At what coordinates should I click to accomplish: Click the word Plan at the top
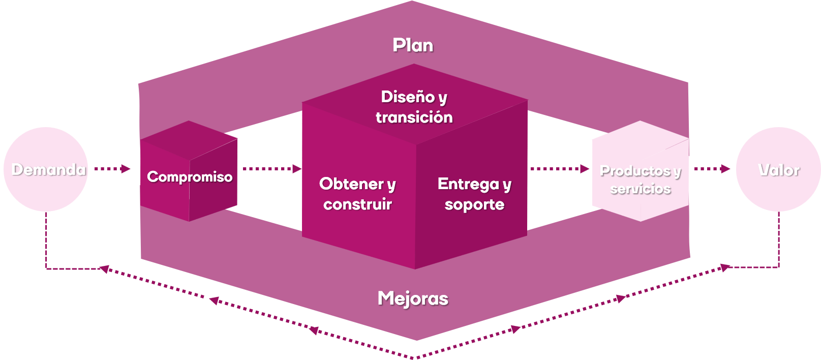(x=413, y=45)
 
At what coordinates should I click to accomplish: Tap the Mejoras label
(x=413, y=298)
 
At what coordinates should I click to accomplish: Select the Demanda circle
(x=46, y=169)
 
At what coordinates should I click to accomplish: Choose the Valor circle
(x=778, y=169)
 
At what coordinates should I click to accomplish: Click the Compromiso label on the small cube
(x=190, y=177)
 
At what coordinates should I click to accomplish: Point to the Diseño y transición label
(x=414, y=107)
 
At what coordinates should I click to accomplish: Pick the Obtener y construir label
(x=357, y=194)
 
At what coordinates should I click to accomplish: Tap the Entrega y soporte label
(x=474, y=194)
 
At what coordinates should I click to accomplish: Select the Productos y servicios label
(x=641, y=179)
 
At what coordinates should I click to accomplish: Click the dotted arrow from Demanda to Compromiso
(x=112, y=169)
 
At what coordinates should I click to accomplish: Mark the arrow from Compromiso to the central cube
(x=272, y=169)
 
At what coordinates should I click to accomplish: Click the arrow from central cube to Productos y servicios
(x=560, y=169)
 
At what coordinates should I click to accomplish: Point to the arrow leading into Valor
(x=712, y=169)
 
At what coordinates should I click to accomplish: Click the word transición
(x=414, y=117)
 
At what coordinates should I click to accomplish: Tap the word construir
(x=357, y=204)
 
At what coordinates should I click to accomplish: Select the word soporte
(x=474, y=205)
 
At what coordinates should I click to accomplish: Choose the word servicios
(x=641, y=189)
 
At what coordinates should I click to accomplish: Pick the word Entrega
(x=468, y=184)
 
